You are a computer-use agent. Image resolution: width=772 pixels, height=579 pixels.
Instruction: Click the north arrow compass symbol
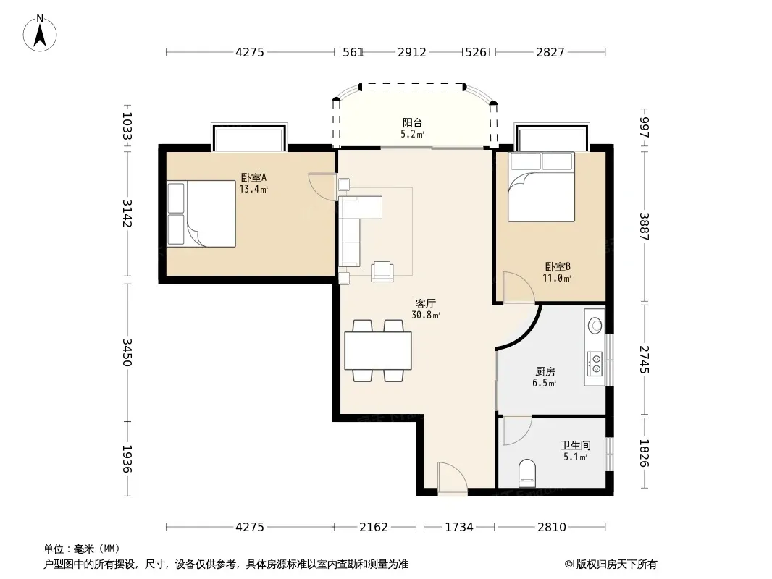(40, 33)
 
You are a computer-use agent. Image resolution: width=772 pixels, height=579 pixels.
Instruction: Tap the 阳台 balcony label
(412, 123)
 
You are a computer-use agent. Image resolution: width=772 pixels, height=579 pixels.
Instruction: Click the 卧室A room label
(253, 177)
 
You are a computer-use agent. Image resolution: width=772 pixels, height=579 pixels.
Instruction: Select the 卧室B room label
(558, 266)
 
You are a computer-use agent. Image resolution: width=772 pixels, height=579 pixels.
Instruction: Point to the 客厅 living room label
(425, 303)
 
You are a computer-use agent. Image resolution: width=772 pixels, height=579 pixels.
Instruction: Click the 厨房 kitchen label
(545, 372)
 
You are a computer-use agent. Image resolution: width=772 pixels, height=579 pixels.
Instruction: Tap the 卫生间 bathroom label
(575, 446)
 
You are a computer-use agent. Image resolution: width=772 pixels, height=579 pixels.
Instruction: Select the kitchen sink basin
(595, 325)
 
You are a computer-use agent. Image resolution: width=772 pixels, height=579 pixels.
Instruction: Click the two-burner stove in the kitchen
(595, 363)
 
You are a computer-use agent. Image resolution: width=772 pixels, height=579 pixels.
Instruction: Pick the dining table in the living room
(378, 351)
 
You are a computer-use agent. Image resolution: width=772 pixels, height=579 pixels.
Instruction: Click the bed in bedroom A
(201, 214)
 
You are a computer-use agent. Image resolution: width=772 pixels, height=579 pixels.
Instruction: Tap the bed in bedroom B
(542, 187)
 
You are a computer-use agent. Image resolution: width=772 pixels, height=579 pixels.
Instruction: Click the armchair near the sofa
(382, 271)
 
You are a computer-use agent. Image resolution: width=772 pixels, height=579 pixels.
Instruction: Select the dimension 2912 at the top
(412, 52)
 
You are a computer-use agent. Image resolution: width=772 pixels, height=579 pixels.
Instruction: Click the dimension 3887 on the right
(645, 227)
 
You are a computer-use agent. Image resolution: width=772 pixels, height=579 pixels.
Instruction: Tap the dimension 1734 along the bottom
(459, 528)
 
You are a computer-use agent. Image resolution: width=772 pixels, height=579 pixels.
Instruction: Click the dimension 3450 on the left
(127, 352)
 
